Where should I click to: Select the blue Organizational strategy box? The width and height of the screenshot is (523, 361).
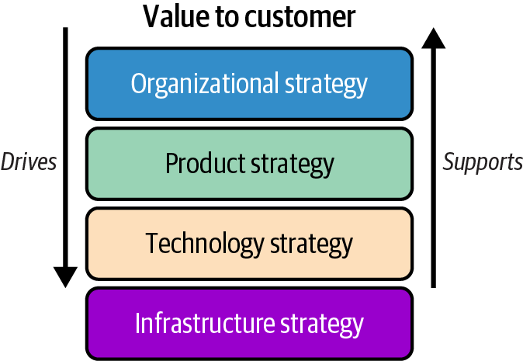(x=249, y=84)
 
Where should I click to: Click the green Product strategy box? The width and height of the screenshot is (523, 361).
(x=249, y=164)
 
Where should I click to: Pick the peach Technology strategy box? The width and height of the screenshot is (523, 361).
(x=249, y=244)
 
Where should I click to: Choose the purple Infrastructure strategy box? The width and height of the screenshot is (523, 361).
(x=249, y=324)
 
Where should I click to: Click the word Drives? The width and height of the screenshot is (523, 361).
(x=29, y=161)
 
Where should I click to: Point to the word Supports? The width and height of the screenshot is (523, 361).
(x=483, y=161)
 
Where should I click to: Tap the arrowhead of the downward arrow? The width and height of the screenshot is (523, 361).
(x=65, y=276)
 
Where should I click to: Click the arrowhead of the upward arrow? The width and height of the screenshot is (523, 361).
(x=435, y=39)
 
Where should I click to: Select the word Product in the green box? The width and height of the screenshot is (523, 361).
(x=205, y=164)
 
